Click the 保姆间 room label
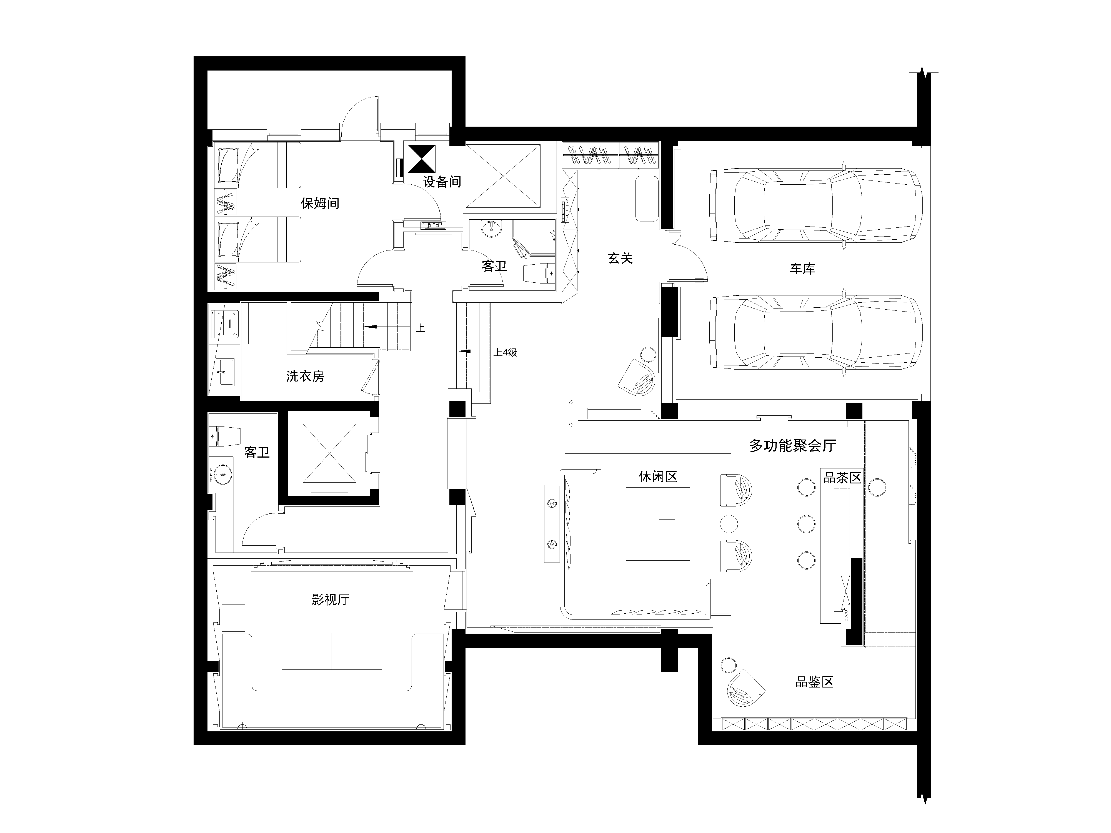320,203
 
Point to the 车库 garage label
802,269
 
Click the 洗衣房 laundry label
305,376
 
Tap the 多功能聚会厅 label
793,445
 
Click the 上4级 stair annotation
505,352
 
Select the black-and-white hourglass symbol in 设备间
422,159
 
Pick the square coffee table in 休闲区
658,524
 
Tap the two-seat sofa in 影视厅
331,651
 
